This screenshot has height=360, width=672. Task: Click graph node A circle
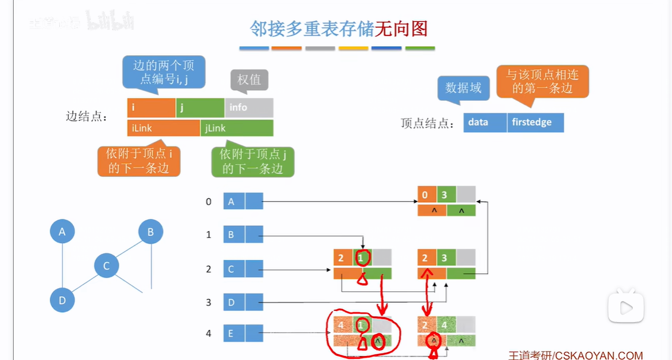coord(62,231)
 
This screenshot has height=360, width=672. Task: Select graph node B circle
coord(151,232)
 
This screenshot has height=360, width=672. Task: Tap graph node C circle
coord(107,266)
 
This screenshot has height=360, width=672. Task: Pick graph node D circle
coord(62,300)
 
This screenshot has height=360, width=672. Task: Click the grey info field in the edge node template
coord(249,107)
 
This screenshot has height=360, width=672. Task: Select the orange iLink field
coord(163,128)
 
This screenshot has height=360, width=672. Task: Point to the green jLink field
coord(237,128)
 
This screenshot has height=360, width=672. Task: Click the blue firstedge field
coord(535,122)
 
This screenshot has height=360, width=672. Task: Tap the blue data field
coord(485,122)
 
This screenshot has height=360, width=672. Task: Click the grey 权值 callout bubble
coord(249,79)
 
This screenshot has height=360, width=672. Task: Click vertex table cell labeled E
coord(234,334)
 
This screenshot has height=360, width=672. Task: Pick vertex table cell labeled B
coord(234,235)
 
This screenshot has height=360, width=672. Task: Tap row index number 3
coord(208,302)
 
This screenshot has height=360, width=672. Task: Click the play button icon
coord(625,308)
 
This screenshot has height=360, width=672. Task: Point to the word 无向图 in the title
coord(401,28)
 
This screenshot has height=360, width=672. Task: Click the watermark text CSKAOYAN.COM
coord(598,355)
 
